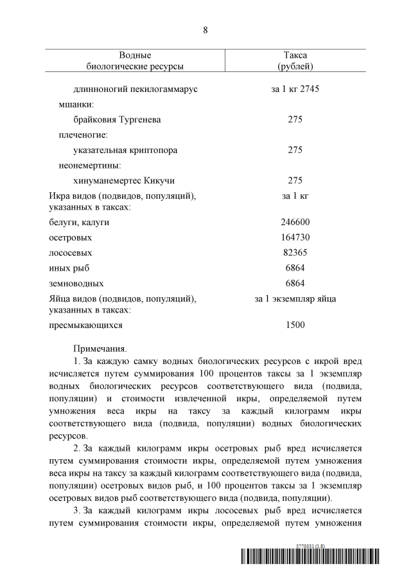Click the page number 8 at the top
[205, 30]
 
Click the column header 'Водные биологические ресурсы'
[135, 60]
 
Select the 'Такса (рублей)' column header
[295, 60]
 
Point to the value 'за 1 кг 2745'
[295, 89]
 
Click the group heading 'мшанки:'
[78, 104]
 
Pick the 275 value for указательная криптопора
[295, 150]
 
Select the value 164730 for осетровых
[295, 237]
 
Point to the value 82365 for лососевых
[295, 253]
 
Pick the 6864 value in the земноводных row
[295, 284]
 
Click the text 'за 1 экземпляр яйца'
[295, 299]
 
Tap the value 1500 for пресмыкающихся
[295, 325]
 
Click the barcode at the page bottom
[310, 556]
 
